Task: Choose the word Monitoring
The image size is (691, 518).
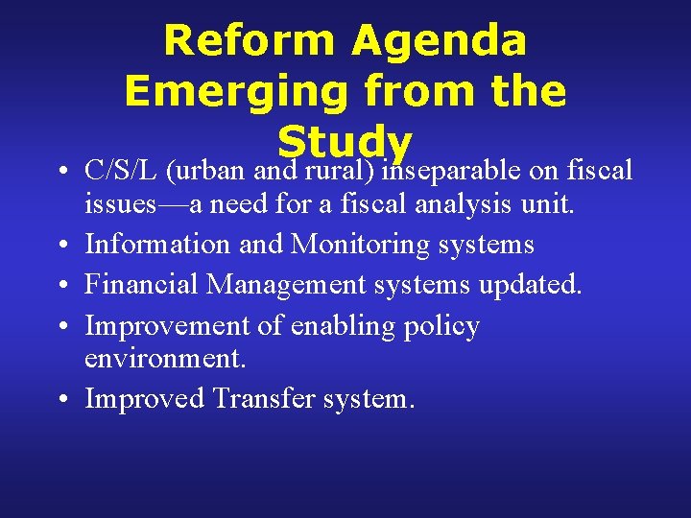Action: click(361, 245)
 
